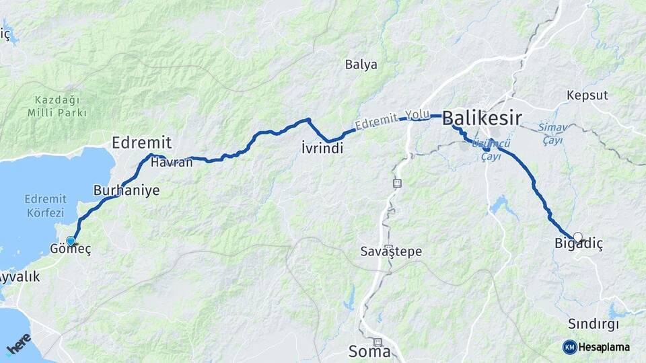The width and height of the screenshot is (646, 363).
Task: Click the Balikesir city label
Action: pyautogui.click(x=482, y=119)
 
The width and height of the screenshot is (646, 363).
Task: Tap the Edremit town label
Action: pyautogui.click(x=142, y=143)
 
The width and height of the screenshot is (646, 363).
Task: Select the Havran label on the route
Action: pyautogui.click(x=167, y=162)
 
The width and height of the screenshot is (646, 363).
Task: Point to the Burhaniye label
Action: pyautogui.click(x=127, y=190)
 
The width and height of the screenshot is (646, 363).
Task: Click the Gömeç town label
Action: pyautogui.click(x=71, y=249)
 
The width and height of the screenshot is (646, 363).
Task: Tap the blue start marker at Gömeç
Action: pyautogui.click(x=70, y=241)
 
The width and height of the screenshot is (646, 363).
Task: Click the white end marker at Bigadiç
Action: pyautogui.click(x=577, y=237)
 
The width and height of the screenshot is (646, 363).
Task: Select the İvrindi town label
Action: pyautogui.click(x=322, y=149)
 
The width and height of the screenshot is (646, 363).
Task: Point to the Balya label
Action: pyautogui.click(x=361, y=65)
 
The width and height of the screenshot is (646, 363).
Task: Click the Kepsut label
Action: pyautogui.click(x=587, y=94)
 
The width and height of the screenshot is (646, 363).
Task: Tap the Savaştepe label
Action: pyautogui.click(x=390, y=251)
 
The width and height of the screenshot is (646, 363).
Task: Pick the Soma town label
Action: pyautogui.click(x=369, y=350)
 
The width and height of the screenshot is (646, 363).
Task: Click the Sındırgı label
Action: pyautogui.click(x=593, y=323)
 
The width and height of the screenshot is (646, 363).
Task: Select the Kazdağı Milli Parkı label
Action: pyautogui.click(x=57, y=106)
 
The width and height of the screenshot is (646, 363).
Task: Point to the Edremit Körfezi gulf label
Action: pyautogui.click(x=45, y=204)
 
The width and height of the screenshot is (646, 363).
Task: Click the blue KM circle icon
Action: pyautogui.click(x=569, y=347)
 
